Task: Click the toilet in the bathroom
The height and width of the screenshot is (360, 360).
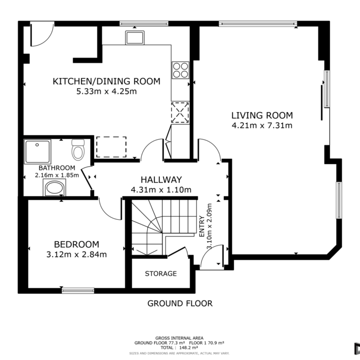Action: [x=78, y=150]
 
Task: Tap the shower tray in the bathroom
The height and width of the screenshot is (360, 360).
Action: [x=37, y=151]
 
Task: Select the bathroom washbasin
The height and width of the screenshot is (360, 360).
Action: [x=54, y=188]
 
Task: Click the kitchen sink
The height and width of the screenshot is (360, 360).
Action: [x=135, y=38]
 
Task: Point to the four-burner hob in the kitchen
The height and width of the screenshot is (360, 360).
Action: [x=180, y=70]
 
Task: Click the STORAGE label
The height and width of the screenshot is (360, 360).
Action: [x=161, y=273]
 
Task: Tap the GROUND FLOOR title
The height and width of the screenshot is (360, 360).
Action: [x=180, y=303]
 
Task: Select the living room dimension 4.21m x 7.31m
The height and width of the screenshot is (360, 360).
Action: [x=262, y=126]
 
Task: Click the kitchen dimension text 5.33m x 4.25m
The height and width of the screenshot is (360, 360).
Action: [x=107, y=91]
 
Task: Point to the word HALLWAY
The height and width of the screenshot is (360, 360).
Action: [x=161, y=180]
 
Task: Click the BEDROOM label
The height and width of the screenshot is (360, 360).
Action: [x=77, y=244]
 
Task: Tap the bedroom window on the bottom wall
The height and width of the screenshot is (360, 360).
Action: [x=78, y=291]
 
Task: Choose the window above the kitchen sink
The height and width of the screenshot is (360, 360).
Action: [x=144, y=24]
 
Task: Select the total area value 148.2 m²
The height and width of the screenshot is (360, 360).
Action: [x=188, y=348]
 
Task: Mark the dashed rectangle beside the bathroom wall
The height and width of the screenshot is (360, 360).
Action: [x=111, y=147]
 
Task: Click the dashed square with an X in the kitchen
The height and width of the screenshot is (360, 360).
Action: [x=180, y=113]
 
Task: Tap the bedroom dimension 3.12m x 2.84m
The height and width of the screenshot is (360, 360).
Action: [x=77, y=255]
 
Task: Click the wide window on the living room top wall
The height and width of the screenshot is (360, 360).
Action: [x=258, y=24]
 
